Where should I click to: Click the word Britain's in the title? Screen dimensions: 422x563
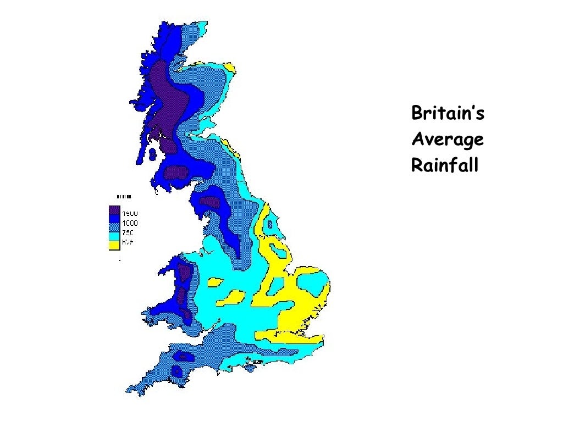pyautogui.click(x=448, y=114)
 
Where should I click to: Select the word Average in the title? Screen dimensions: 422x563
pyautogui.click(x=448, y=140)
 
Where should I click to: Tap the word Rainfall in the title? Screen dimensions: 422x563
pyautogui.click(x=445, y=165)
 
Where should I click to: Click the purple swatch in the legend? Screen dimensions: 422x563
pyautogui.click(x=114, y=210)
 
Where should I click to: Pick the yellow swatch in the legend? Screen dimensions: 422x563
pyautogui.click(x=114, y=245)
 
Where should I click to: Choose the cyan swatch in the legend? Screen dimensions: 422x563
pyautogui.click(x=114, y=236)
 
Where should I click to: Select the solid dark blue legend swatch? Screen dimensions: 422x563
pyautogui.click(x=114, y=219)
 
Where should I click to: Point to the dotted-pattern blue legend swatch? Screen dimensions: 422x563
pyautogui.click(x=114, y=227)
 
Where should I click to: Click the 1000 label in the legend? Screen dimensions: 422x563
pyautogui.click(x=130, y=223)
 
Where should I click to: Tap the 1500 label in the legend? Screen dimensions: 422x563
pyautogui.click(x=130, y=213)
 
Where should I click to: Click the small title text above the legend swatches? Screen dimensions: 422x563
pyautogui.click(x=124, y=196)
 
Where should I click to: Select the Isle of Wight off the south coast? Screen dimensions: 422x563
pyautogui.click(x=252, y=364)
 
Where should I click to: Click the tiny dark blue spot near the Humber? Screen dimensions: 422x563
pyautogui.click(x=269, y=224)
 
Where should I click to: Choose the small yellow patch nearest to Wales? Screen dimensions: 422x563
pyautogui.click(x=214, y=282)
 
